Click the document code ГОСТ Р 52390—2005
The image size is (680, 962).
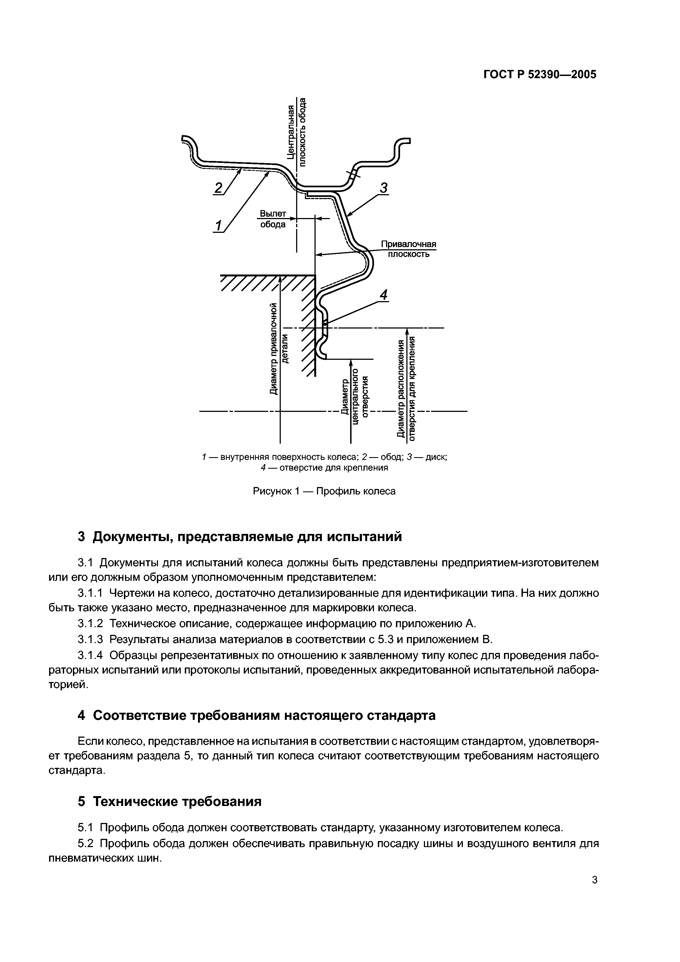coord(540,75)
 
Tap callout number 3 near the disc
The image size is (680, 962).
coord(383,188)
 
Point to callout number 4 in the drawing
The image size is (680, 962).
coord(383,295)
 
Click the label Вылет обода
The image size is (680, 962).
coord(273,219)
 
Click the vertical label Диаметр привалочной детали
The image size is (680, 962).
coord(279,348)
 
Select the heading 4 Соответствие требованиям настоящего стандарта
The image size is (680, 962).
coord(256,715)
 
